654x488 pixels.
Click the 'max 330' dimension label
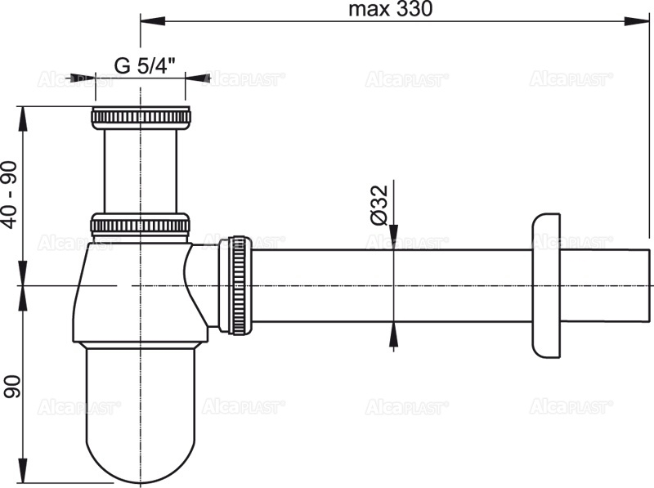(x=390, y=9)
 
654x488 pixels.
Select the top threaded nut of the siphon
(x=141, y=117)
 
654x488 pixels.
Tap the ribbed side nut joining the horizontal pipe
(x=239, y=284)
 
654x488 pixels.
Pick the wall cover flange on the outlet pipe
(x=547, y=284)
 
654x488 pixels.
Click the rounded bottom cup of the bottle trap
(x=141, y=417)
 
